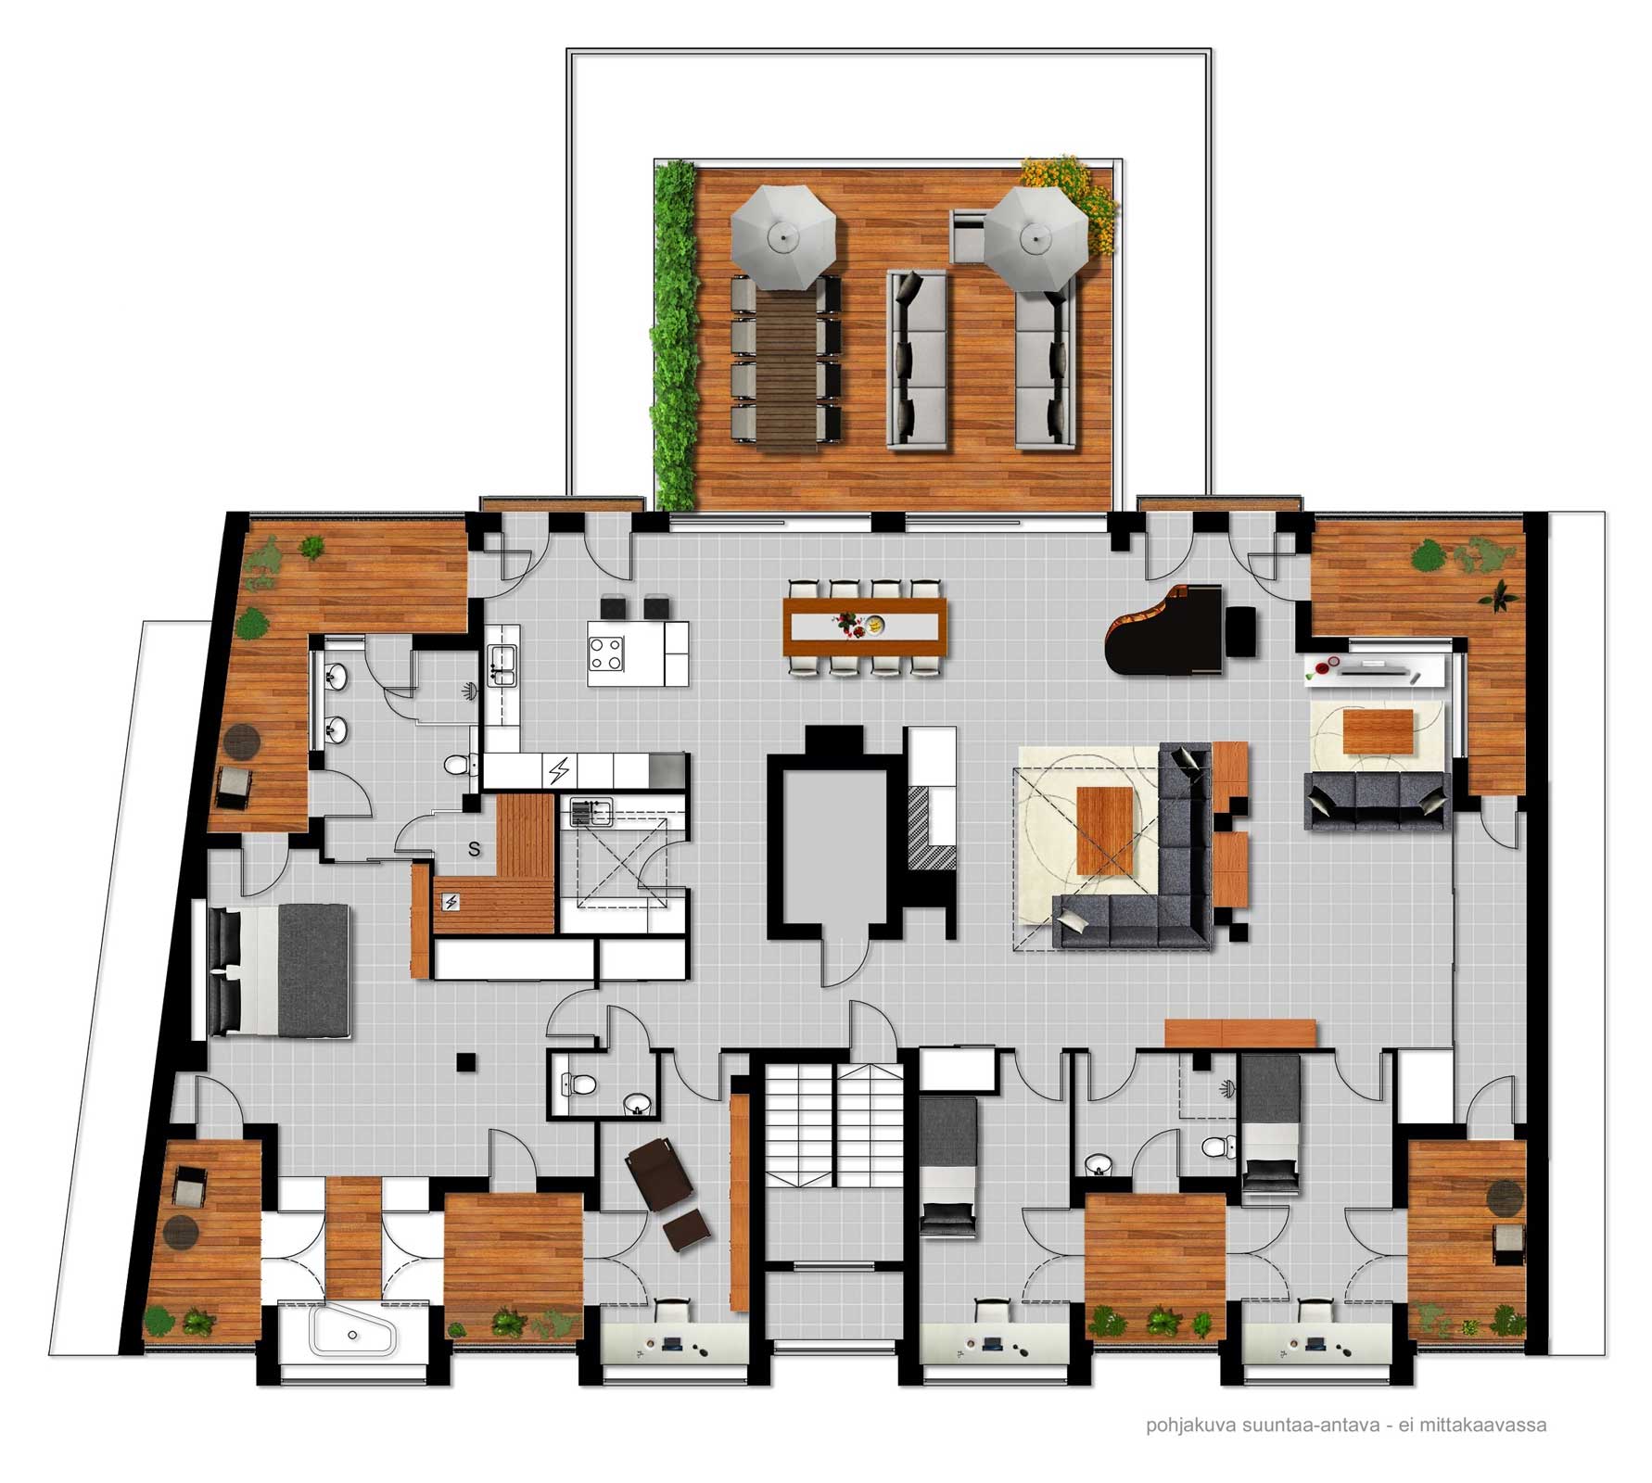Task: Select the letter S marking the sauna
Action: click(x=474, y=849)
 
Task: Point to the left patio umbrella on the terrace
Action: click(x=784, y=237)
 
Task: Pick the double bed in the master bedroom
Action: click(x=281, y=970)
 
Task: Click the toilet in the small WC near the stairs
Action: click(x=580, y=1084)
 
